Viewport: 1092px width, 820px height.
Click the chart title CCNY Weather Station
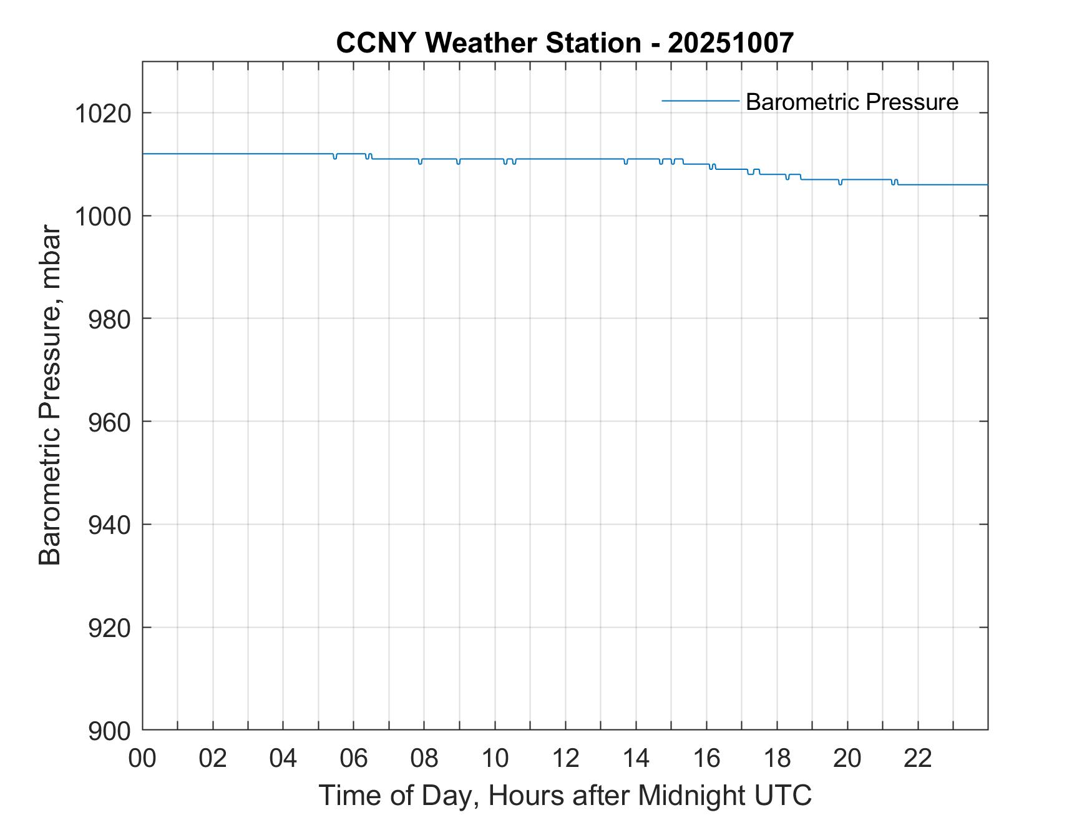(488, 43)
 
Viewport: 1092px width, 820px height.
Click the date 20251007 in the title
(731, 43)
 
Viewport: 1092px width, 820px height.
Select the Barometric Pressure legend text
(852, 102)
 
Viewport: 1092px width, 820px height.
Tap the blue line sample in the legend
(700, 101)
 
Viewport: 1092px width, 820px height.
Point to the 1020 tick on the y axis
(102, 114)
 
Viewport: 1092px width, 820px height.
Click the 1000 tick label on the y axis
(102, 217)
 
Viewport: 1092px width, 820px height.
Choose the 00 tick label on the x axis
(142, 759)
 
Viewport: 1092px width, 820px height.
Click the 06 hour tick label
(354, 759)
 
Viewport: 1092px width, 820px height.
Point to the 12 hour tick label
(565, 759)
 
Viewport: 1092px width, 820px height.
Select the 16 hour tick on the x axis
(706, 759)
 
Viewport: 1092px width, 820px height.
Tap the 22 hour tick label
(918, 759)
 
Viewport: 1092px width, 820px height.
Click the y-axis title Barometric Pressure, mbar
(50, 395)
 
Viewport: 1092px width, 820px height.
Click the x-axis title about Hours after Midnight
(565, 795)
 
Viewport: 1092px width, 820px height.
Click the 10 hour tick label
(495, 759)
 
